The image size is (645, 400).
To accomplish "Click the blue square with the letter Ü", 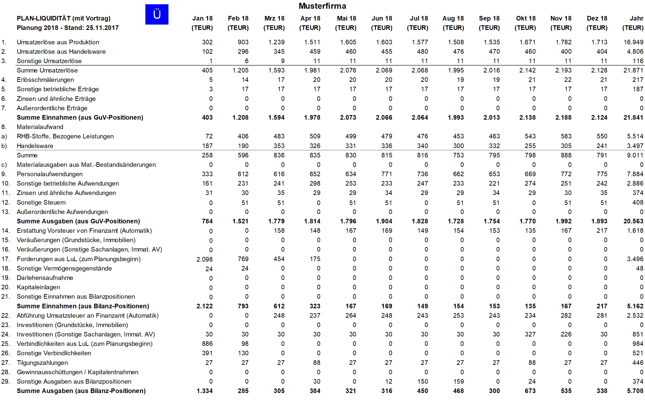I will (157, 14).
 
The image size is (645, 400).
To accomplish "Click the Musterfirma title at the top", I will (322, 6).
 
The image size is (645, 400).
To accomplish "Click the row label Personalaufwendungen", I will (50, 174).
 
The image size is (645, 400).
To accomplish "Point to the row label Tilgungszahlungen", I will (42, 363).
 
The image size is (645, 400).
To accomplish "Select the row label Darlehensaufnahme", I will (45, 278).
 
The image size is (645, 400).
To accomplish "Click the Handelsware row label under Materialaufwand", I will (35, 146).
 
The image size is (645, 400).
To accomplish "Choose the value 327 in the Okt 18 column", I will (530, 334).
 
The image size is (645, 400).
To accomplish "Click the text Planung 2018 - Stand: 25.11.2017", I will (67, 28).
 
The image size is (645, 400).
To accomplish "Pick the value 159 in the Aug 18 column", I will (458, 381).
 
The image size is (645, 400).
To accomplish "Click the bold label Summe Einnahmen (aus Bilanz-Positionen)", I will (83, 306).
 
